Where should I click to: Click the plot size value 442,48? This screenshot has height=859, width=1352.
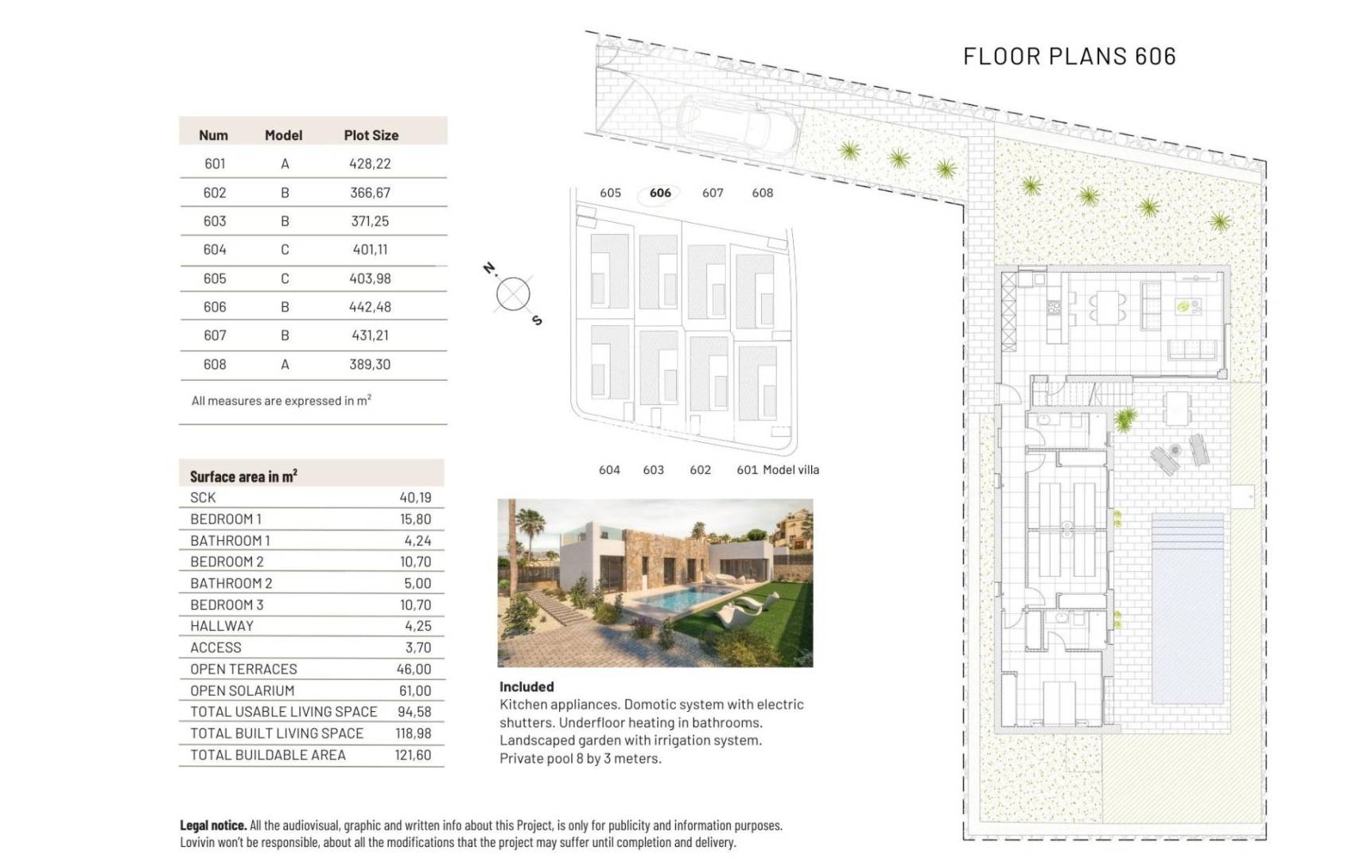[370, 307]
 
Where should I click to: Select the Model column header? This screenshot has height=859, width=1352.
[283, 135]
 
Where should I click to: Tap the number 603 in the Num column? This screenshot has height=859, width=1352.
[215, 221]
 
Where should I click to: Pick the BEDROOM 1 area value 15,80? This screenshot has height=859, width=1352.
[415, 519]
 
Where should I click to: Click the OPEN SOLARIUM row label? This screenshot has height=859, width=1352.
[242, 690]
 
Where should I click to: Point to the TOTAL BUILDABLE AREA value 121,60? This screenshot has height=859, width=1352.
[413, 755]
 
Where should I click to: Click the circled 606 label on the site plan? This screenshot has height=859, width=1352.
[660, 192]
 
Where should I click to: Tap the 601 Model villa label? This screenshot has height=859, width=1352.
[777, 470]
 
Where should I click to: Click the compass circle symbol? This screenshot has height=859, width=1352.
[513, 294]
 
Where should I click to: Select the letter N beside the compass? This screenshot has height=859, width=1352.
[490, 269]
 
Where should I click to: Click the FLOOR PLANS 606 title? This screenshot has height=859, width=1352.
[1069, 56]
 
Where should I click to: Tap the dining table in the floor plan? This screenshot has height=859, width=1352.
[1107, 306]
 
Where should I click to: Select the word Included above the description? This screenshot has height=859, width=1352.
[526, 686]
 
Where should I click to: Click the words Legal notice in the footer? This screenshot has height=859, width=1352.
[212, 826]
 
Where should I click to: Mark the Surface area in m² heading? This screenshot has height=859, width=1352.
[243, 476]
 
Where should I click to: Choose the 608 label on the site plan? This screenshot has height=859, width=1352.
[762, 192]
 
